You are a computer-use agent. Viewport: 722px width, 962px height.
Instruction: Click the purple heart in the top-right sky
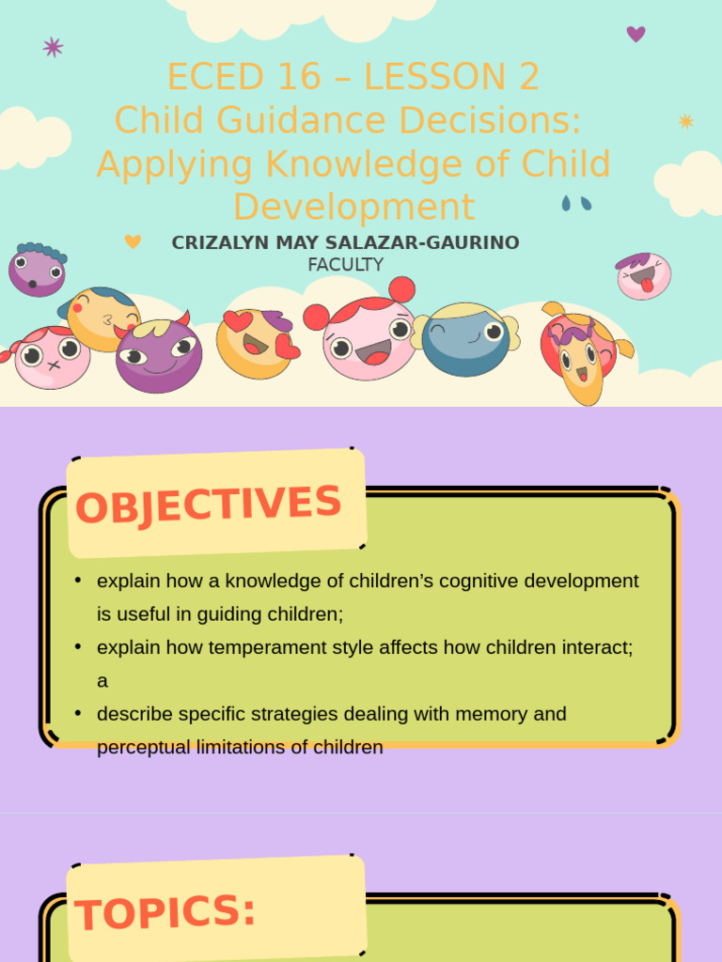(x=636, y=34)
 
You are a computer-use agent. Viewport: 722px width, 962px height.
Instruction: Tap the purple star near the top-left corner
(x=53, y=47)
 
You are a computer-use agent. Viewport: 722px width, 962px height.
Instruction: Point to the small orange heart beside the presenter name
(x=133, y=241)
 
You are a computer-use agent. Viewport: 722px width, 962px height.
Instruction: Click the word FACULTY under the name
(x=345, y=265)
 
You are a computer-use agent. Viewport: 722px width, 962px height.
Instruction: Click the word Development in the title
(x=353, y=207)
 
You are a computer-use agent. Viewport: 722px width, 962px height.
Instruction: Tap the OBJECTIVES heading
(x=209, y=504)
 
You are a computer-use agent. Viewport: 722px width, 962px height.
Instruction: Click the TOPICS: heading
(x=165, y=912)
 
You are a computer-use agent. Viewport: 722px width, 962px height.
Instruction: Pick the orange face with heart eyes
(x=256, y=343)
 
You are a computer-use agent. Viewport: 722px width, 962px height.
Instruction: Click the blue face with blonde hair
(x=466, y=338)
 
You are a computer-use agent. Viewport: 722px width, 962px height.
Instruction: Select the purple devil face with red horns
(x=158, y=354)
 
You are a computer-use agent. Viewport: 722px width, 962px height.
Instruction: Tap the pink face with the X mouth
(x=52, y=357)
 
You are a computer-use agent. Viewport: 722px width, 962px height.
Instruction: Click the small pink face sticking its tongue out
(x=644, y=275)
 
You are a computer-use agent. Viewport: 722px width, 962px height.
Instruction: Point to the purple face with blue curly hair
(x=37, y=270)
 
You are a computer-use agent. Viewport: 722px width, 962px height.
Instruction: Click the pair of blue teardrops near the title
(x=576, y=203)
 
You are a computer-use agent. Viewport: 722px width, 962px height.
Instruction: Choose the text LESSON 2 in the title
(x=451, y=77)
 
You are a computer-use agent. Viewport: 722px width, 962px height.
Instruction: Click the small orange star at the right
(x=686, y=121)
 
